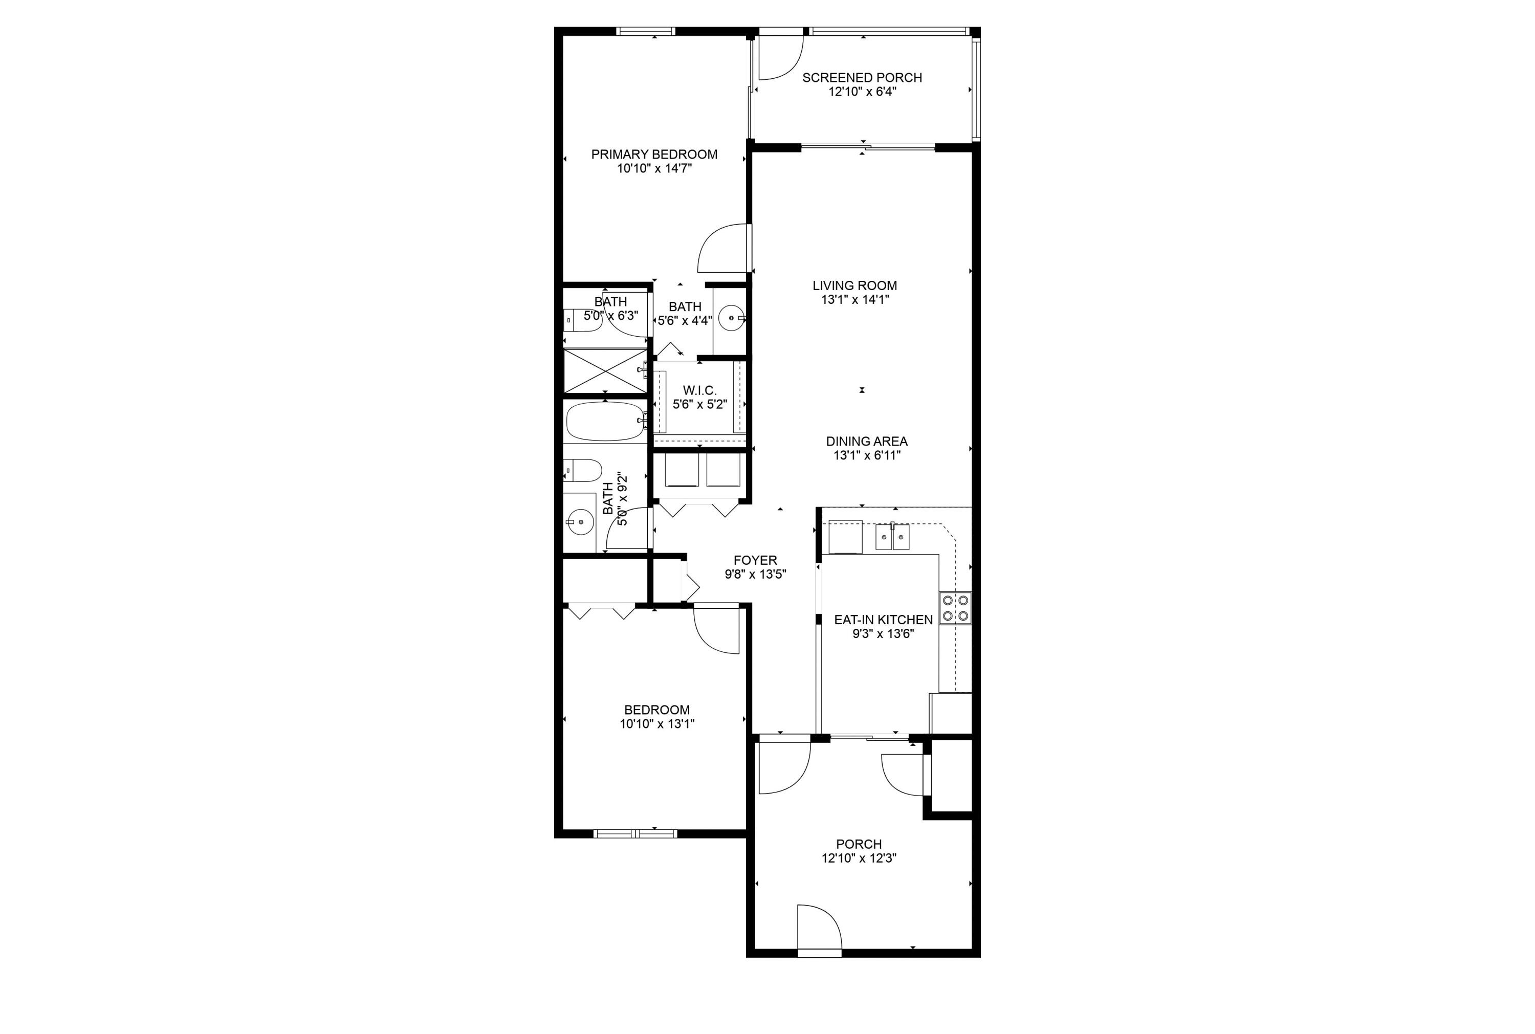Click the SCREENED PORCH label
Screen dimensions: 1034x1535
click(861, 78)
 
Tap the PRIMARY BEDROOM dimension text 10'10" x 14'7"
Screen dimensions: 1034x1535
click(653, 169)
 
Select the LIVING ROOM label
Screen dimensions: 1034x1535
click(854, 285)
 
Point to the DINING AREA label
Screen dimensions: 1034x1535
click(866, 441)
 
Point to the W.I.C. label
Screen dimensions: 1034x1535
click(699, 390)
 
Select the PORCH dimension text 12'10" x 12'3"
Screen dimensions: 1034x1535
click(858, 858)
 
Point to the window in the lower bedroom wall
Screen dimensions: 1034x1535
click(635, 833)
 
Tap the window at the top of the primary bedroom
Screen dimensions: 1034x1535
click(646, 31)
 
